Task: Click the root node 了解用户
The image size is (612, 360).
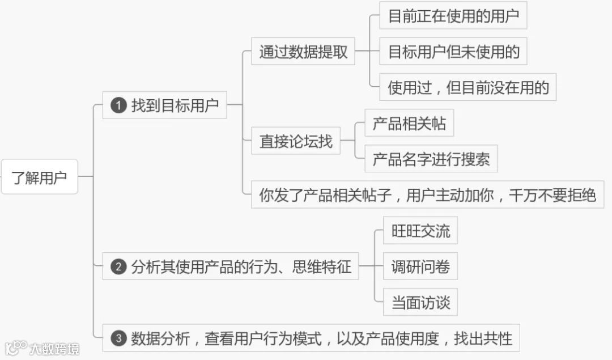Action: [x=39, y=177]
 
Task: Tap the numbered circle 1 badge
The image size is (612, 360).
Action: [x=118, y=105]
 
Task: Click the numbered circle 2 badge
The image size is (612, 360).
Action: [x=118, y=266]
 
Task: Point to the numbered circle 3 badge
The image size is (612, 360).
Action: [x=118, y=338]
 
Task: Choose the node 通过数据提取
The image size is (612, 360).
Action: [x=303, y=52]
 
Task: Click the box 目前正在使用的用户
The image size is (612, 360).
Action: [x=453, y=16]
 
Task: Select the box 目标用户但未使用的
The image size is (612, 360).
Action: [x=453, y=52]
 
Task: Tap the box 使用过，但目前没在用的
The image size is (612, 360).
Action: [x=467, y=87]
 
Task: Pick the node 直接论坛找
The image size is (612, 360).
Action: [x=296, y=141]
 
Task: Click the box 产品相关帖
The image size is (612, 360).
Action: [x=409, y=124]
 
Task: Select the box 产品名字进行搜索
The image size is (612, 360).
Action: [x=431, y=159]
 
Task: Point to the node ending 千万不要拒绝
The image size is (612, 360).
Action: [x=427, y=195]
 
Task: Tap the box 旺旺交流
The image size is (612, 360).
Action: [x=420, y=231]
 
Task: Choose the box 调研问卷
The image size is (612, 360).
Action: [x=420, y=266]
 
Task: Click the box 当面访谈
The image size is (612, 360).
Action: [x=420, y=302]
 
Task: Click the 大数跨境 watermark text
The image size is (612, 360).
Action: [x=54, y=348]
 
